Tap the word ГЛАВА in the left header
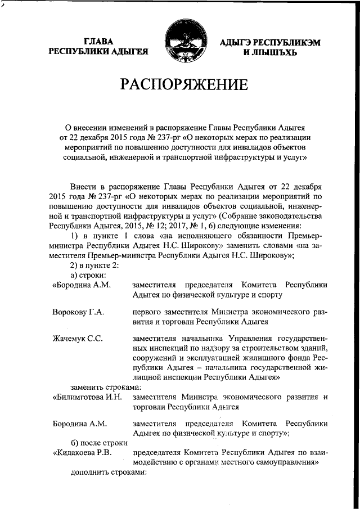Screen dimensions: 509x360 coord(100,41)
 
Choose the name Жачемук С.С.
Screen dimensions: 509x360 coord(78,339)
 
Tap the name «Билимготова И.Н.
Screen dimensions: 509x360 coord(87,397)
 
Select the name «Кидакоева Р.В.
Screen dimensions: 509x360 coord(83,452)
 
